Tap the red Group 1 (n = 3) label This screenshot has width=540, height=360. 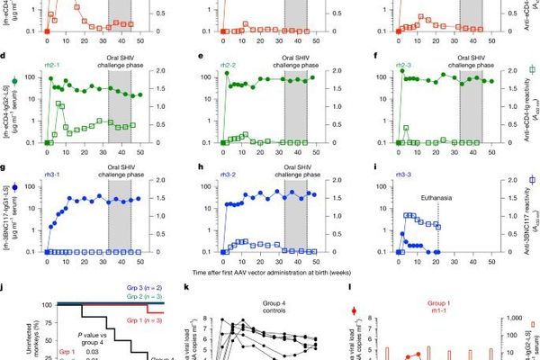click(x=137, y=319)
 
